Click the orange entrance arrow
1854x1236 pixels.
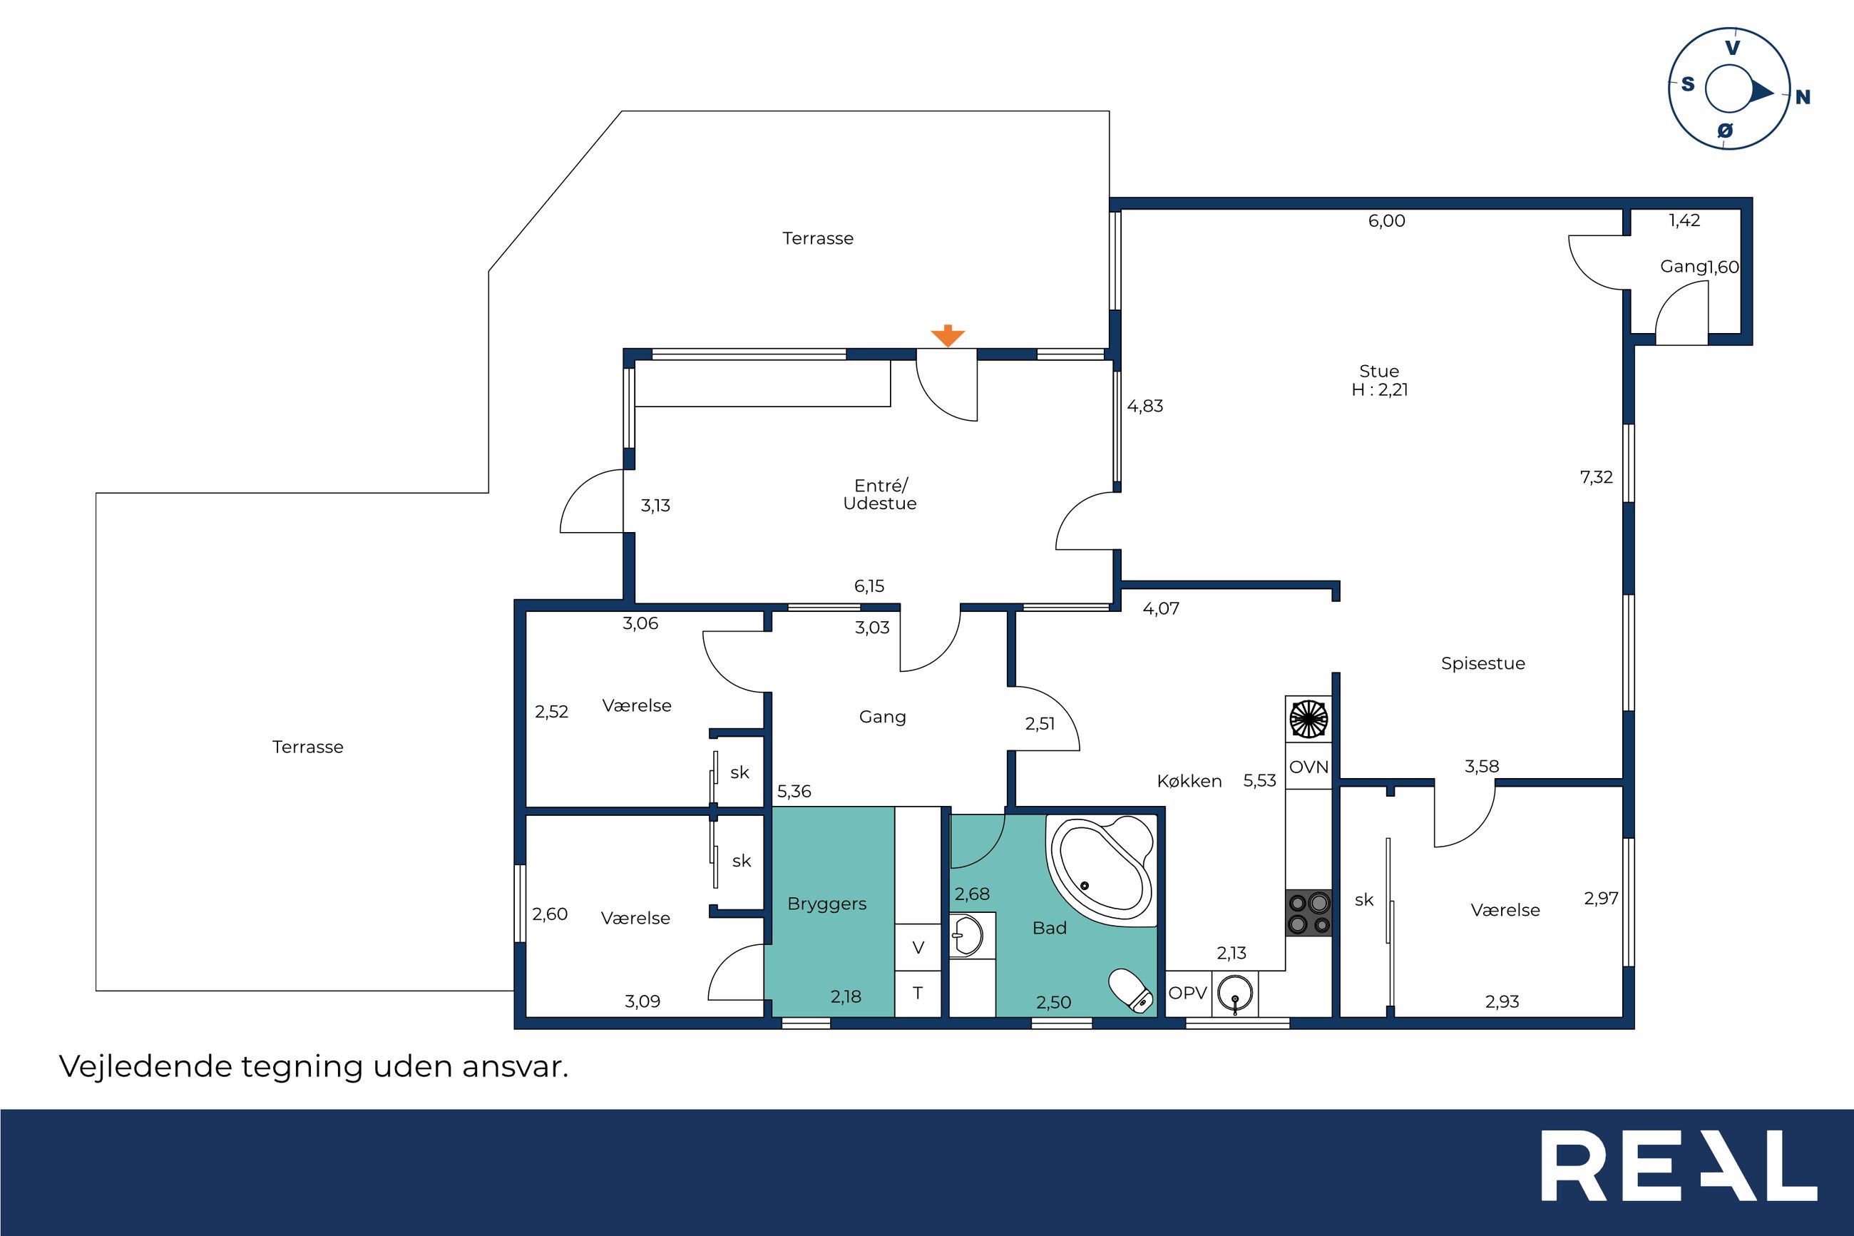tap(947, 336)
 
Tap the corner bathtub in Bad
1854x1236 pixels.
tap(1101, 870)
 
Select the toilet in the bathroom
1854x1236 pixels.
tap(1132, 991)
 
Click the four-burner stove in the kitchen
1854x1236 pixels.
tap(1308, 913)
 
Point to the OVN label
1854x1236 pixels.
tap(1308, 767)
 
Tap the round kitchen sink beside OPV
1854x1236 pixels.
tap(1234, 994)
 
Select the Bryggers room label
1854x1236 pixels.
tap(826, 904)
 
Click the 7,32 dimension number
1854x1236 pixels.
tap(1597, 478)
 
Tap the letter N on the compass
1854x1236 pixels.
tap(1803, 98)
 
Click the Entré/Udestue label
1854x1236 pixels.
tap(880, 495)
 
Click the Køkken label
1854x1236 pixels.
tap(1190, 781)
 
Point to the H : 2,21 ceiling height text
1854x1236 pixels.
tap(1380, 390)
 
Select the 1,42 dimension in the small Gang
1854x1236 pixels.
tap(1684, 220)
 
